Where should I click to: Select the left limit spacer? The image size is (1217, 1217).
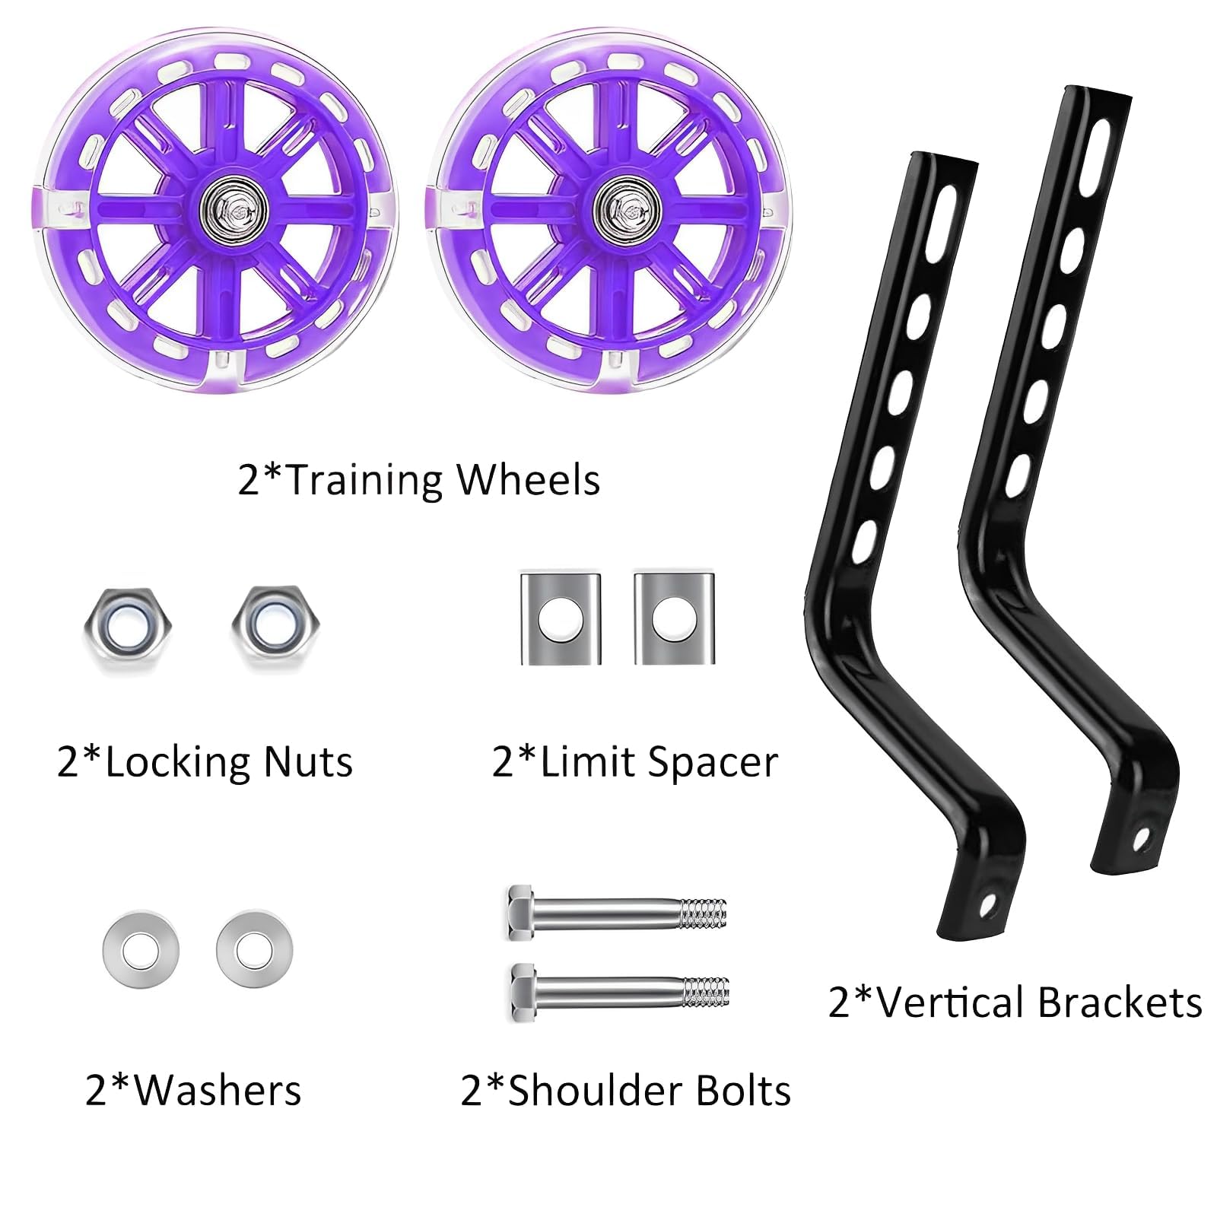[561, 618]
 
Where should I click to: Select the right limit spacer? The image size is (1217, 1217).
[674, 618]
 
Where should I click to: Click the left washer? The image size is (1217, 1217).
[141, 950]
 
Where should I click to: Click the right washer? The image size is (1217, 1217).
[254, 950]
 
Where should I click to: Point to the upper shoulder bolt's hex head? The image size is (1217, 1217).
[521, 910]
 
